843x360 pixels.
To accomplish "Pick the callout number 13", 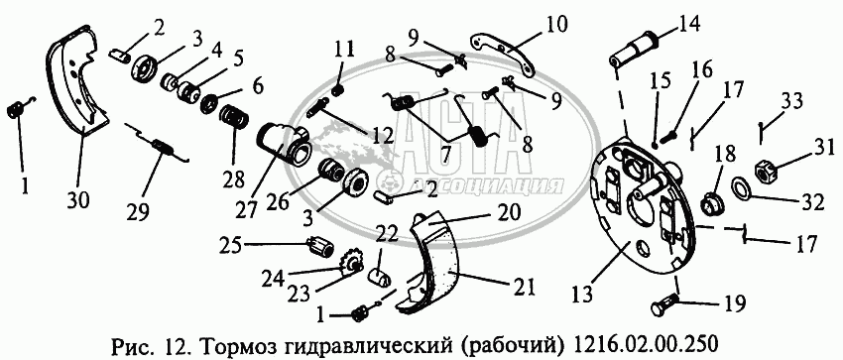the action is pos(584,294).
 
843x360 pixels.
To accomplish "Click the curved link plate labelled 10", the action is pos(504,54).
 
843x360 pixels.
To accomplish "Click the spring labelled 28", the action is pos(233,117).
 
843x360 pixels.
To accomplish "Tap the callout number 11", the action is pos(344,50).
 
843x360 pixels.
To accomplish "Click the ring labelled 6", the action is pos(208,103).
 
